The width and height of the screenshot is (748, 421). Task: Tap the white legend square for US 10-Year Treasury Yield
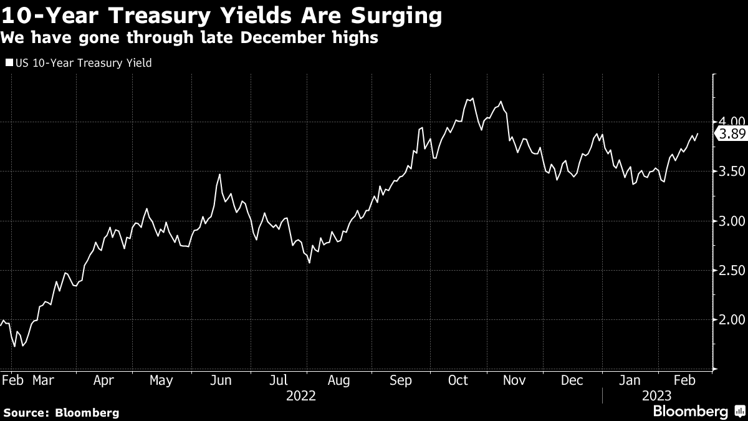[x=8, y=62]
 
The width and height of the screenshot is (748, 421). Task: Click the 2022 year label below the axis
[x=301, y=395]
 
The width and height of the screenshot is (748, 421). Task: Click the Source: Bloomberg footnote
[x=61, y=412]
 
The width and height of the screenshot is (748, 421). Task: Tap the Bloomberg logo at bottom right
[x=690, y=411]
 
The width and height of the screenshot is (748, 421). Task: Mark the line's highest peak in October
[x=472, y=98]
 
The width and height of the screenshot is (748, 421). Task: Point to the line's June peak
[x=219, y=175]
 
